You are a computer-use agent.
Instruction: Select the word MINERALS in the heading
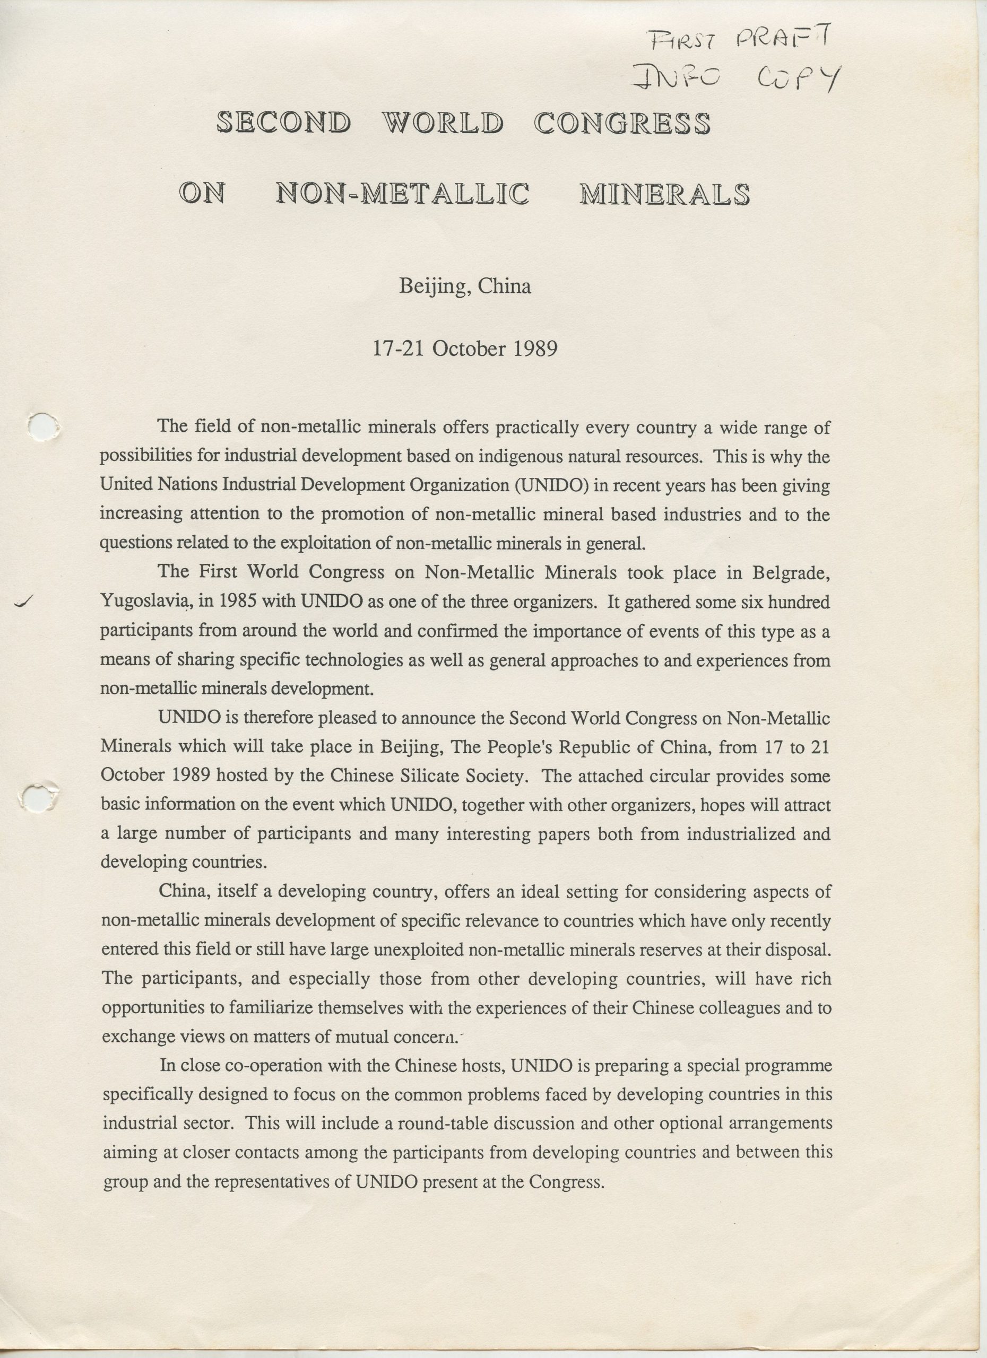click(664, 195)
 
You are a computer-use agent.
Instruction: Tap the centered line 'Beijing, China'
click(465, 286)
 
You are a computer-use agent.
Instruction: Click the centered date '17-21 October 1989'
click(465, 349)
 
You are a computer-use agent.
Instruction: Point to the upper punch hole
click(44, 427)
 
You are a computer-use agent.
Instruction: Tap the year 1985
click(239, 601)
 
